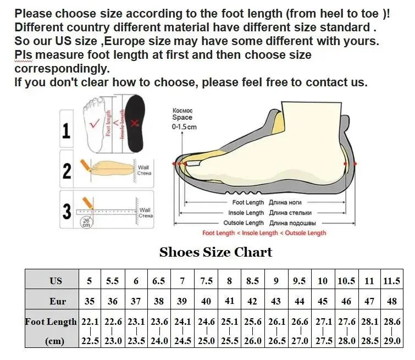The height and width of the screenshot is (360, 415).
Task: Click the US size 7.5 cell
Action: coord(206,281)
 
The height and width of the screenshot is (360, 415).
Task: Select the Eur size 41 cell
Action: coord(229,301)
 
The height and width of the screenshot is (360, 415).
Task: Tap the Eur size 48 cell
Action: coord(392,301)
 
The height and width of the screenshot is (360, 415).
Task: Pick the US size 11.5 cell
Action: coord(392,281)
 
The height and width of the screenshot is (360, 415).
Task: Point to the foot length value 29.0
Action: coord(392,341)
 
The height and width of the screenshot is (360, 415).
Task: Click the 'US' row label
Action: coord(56,281)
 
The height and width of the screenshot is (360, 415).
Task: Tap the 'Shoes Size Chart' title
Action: coord(215,252)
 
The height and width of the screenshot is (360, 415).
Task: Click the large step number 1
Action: coord(67,131)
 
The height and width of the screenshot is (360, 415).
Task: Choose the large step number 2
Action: coord(67,171)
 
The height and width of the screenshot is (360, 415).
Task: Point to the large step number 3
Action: coord(67,211)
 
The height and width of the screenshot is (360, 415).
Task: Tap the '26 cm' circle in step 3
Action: coord(86,223)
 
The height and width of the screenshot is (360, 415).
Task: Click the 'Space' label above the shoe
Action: coord(182,118)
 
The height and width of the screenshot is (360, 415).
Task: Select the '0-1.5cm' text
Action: coord(184,127)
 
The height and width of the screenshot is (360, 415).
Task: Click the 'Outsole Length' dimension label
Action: coord(244,223)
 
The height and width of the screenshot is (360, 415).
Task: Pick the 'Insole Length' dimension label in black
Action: coord(246,213)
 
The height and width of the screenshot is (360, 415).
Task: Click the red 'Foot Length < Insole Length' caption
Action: coord(264,233)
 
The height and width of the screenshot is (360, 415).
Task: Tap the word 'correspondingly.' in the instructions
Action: coord(62,69)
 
